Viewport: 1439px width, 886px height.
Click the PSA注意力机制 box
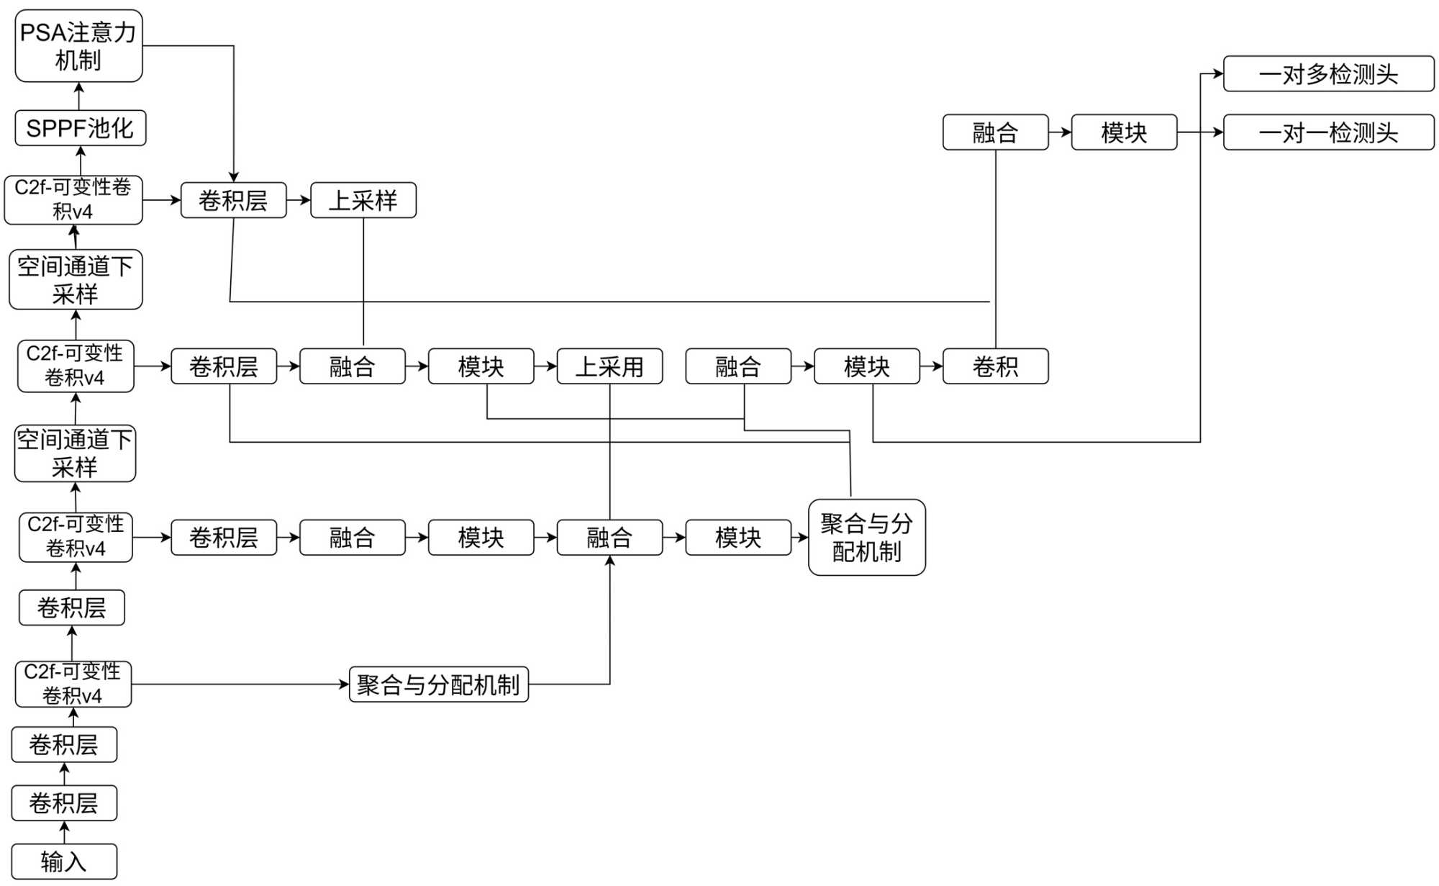click(78, 45)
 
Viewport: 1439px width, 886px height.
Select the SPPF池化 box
click(80, 128)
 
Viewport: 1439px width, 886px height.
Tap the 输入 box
click(64, 861)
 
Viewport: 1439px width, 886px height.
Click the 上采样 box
click(363, 200)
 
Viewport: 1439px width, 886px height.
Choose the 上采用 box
click(609, 366)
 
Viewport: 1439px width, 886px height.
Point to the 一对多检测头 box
click(1328, 74)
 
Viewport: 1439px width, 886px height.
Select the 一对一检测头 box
click(1328, 132)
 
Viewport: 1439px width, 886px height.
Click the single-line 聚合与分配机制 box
click(438, 684)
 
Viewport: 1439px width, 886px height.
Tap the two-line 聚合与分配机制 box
click(866, 538)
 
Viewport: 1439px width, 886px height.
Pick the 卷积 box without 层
click(995, 366)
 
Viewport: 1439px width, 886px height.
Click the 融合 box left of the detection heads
click(995, 132)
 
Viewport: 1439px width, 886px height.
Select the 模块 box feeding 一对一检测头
click(1124, 132)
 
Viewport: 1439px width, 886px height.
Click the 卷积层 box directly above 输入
click(64, 803)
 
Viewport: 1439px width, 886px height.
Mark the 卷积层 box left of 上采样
click(233, 200)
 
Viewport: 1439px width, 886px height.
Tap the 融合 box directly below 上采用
click(609, 538)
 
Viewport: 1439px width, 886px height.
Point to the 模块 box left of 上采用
click(481, 366)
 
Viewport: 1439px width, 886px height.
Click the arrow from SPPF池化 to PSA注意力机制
click(79, 96)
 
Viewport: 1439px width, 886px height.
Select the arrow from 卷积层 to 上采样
click(299, 200)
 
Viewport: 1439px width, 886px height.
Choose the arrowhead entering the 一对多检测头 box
click(1217, 73)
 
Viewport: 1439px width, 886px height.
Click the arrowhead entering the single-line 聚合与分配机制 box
click(344, 684)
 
